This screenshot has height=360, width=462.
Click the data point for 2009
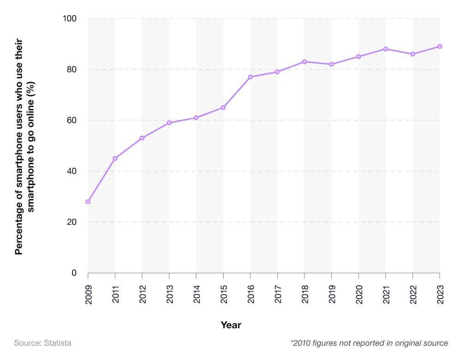point(88,202)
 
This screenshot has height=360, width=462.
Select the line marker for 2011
point(115,158)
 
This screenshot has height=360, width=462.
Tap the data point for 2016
point(250,77)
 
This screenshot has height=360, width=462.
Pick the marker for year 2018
point(304,62)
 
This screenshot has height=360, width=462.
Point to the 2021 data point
point(385,49)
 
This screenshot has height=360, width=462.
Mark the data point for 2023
point(440,47)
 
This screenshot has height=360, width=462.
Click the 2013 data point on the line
point(169,123)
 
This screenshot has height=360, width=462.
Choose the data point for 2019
point(332,64)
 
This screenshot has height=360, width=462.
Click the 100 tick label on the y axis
point(69,18)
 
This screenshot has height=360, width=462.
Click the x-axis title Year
point(231,325)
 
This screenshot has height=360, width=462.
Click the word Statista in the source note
point(58,343)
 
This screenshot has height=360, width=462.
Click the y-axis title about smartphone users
point(25,146)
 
